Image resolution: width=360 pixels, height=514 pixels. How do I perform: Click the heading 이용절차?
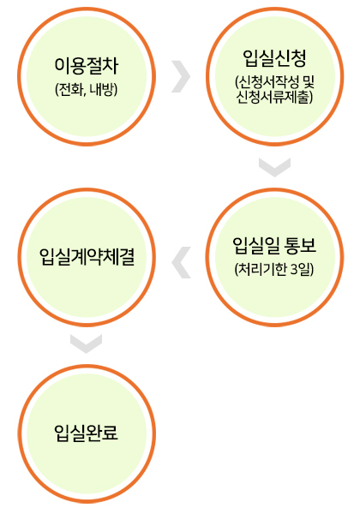87,66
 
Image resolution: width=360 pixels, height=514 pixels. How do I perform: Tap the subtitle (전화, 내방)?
87,89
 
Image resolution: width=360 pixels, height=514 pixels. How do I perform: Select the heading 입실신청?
275,58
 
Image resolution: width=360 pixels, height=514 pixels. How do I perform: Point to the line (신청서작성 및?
275,82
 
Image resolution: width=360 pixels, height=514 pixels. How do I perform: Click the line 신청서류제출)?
275,97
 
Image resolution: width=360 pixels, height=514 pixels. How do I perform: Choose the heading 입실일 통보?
274,246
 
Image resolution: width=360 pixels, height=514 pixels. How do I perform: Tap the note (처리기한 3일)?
274,270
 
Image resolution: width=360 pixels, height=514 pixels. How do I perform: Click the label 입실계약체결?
87,257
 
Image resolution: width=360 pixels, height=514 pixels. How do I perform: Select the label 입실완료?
87,433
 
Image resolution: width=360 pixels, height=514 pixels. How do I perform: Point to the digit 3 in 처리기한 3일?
294,270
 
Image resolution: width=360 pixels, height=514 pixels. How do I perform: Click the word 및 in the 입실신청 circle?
309,82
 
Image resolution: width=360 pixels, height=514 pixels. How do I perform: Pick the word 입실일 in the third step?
255,246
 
